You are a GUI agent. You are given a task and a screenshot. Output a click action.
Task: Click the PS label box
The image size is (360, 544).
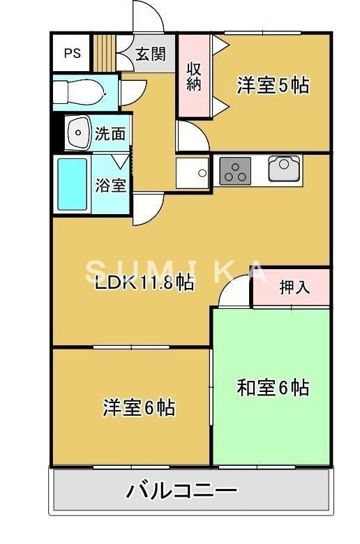(x=72, y=53)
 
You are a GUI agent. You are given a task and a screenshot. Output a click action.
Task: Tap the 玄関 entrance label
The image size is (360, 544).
(x=150, y=54)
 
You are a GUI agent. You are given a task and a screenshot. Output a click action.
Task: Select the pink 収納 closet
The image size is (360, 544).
(x=194, y=75)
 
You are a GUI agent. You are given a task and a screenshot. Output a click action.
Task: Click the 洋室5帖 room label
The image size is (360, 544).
(x=273, y=86)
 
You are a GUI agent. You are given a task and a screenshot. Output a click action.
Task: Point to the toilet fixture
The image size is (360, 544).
(x=80, y=91)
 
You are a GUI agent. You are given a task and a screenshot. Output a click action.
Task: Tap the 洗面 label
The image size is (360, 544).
(x=111, y=133)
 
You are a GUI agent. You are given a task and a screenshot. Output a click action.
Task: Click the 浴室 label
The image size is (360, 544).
(x=110, y=186)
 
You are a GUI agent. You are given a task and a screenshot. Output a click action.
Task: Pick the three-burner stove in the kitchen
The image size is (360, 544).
(x=236, y=171)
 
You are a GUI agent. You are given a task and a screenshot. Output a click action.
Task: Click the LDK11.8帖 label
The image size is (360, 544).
(x=144, y=283)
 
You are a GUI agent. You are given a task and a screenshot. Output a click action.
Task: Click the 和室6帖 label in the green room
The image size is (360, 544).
(x=273, y=387)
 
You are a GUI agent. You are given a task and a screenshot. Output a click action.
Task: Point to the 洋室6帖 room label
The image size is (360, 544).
(x=138, y=406)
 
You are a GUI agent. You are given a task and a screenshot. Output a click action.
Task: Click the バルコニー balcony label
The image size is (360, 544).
(x=181, y=491)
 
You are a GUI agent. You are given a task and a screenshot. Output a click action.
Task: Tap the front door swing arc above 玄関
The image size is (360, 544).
(x=148, y=17)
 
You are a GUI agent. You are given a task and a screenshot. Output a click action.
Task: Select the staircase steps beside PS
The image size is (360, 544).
(x=104, y=52)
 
